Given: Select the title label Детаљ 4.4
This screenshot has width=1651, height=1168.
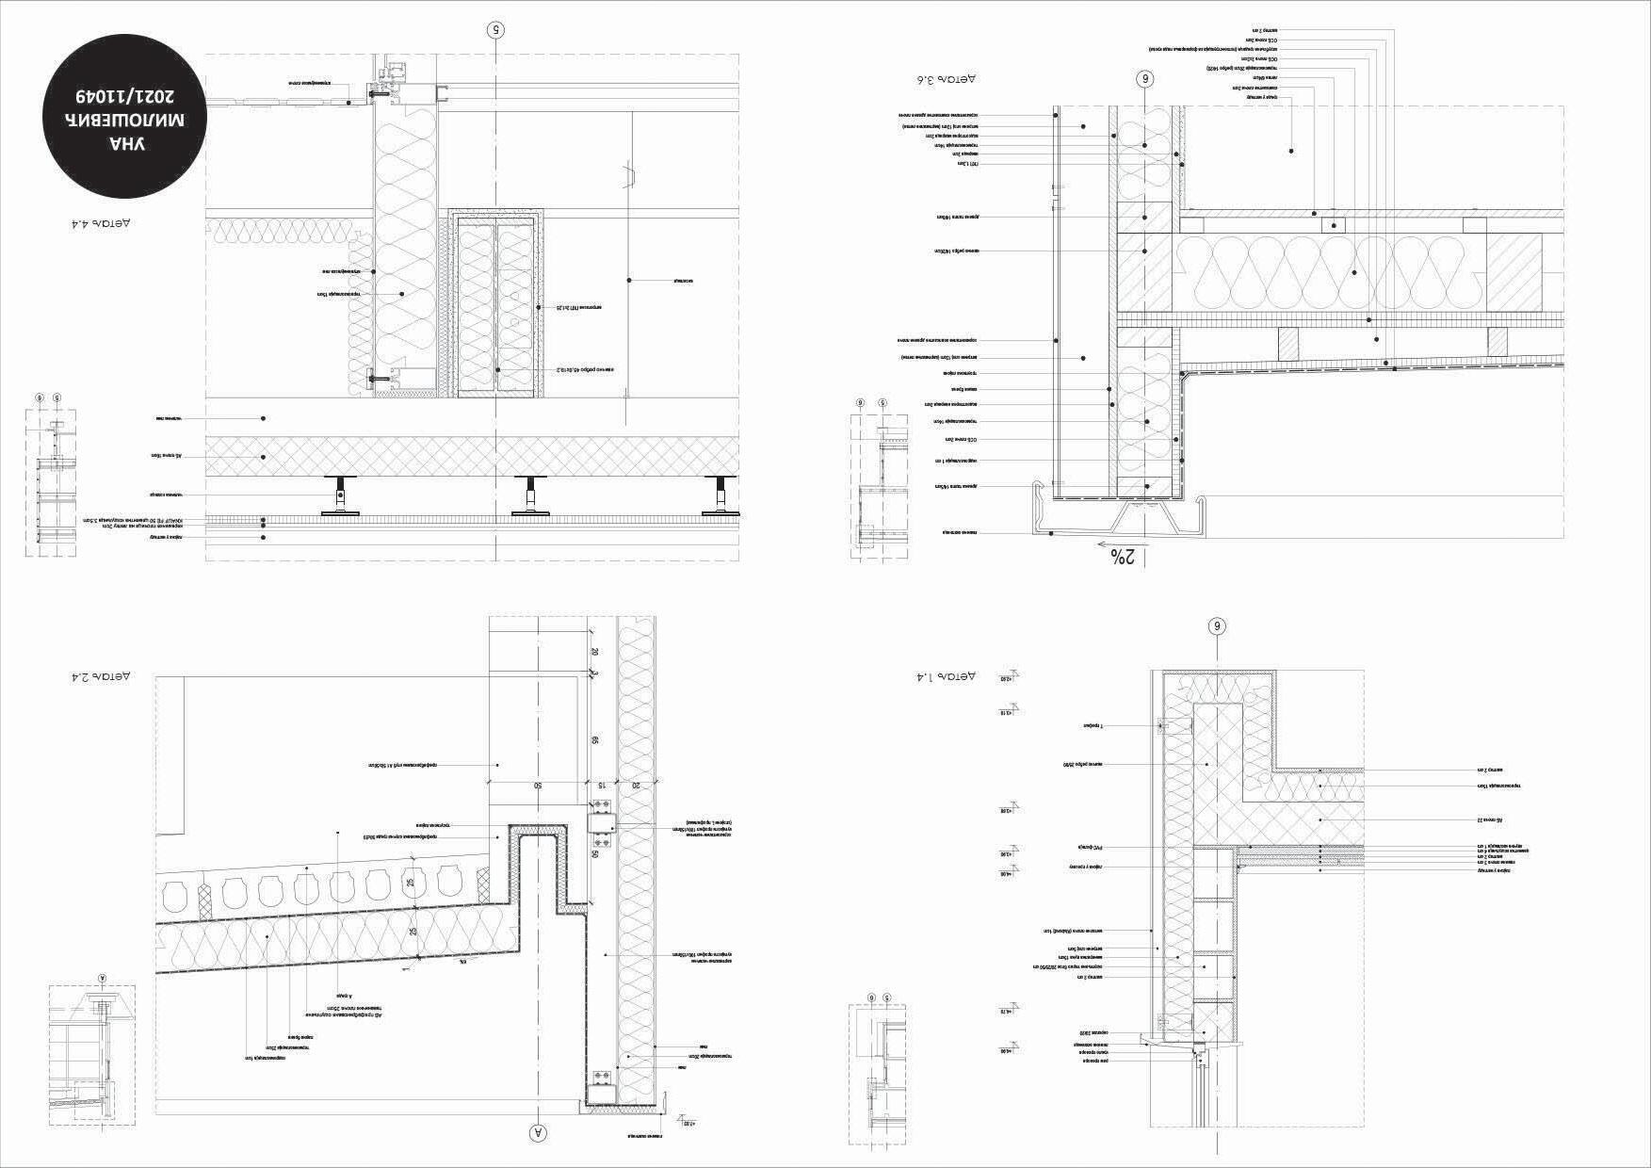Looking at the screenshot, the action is tap(101, 224).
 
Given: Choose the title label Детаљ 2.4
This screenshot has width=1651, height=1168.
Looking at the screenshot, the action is tap(101, 676).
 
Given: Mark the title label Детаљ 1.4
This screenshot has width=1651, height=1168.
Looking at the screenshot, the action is tap(947, 676).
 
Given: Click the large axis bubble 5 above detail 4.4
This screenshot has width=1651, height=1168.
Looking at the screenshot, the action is tap(496, 29).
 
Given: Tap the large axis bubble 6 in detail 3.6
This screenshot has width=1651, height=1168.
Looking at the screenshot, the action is tap(1145, 79).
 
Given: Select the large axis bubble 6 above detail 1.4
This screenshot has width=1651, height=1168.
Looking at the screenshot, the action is tap(1217, 626).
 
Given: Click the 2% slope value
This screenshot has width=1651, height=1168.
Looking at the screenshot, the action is tap(1124, 557).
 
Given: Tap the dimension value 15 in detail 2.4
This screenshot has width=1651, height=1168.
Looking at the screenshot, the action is tap(600, 784).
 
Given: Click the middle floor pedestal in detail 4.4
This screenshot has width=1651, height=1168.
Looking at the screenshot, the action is tap(531, 495).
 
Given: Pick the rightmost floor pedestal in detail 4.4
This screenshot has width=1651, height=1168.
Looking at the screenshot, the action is tap(722, 495).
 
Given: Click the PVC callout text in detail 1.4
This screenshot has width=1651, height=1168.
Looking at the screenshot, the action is tap(1089, 848).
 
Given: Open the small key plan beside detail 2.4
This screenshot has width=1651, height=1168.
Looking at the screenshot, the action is tap(91, 1055).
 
